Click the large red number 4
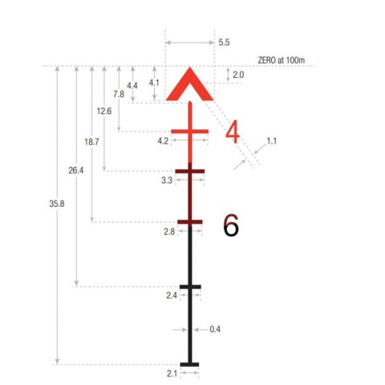tap(232, 132)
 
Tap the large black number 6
tap(231, 225)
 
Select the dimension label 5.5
tap(224, 43)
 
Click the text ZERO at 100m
tap(281, 60)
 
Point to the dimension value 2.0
tap(238, 75)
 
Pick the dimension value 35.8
tap(57, 204)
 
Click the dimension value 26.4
tap(76, 170)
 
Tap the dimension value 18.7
tap(91, 142)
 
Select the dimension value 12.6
tap(104, 111)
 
